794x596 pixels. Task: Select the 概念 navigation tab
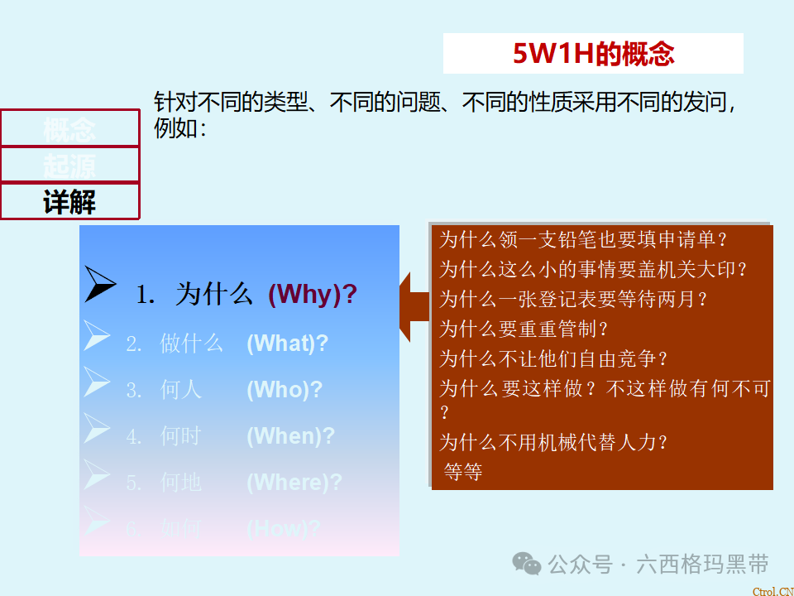coord(69,128)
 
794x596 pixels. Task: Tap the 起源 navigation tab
coord(69,166)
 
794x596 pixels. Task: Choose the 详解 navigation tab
coord(69,202)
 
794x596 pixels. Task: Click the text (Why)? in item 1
coord(313,295)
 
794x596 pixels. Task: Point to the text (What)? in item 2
coord(287,344)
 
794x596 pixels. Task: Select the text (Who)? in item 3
coord(284,390)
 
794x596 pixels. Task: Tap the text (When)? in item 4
coord(290,436)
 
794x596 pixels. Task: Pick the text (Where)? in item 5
coord(294,483)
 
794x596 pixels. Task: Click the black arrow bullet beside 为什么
coord(100,286)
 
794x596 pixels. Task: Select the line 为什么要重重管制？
coord(523,329)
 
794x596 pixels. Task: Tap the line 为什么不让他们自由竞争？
coord(552,359)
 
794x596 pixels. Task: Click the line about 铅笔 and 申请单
coord(582,240)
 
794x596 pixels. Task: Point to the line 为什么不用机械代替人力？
coord(552,442)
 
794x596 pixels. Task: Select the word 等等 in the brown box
coord(463,473)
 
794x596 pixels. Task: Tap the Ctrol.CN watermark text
coord(772,591)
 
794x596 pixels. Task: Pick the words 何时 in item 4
coord(180,436)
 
